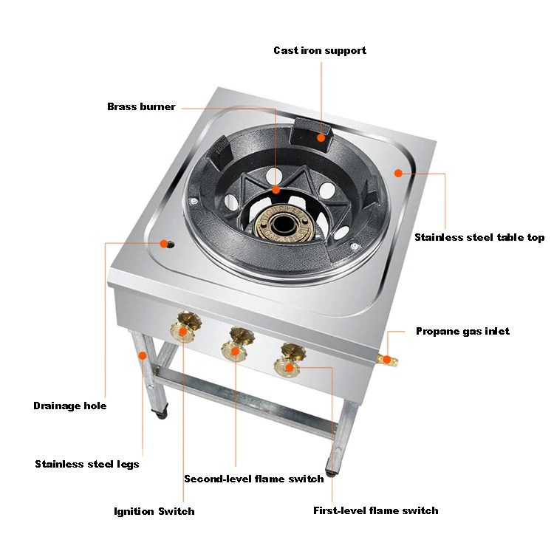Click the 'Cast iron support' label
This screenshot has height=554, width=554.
tap(319, 50)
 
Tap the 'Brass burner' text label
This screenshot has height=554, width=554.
tap(141, 106)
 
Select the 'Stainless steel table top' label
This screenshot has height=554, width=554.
tap(479, 237)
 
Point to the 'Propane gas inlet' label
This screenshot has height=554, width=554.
tap(462, 331)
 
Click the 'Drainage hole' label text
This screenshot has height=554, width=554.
tap(70, 406)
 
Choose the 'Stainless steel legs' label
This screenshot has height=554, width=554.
tap(86, 464)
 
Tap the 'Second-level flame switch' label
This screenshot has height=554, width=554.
tap(253, 479)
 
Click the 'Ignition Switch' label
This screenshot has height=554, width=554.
tap(154, 511)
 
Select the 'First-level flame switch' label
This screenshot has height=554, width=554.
tap(375, 510)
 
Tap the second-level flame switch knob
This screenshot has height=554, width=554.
tap(236, 344)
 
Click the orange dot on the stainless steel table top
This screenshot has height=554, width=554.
tap(398, 173)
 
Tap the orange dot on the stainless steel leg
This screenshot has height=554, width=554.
tap(141, 355)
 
